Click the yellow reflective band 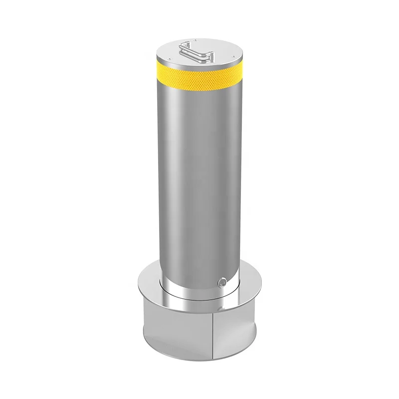pos(199,77)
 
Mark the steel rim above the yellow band pos(199,65)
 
